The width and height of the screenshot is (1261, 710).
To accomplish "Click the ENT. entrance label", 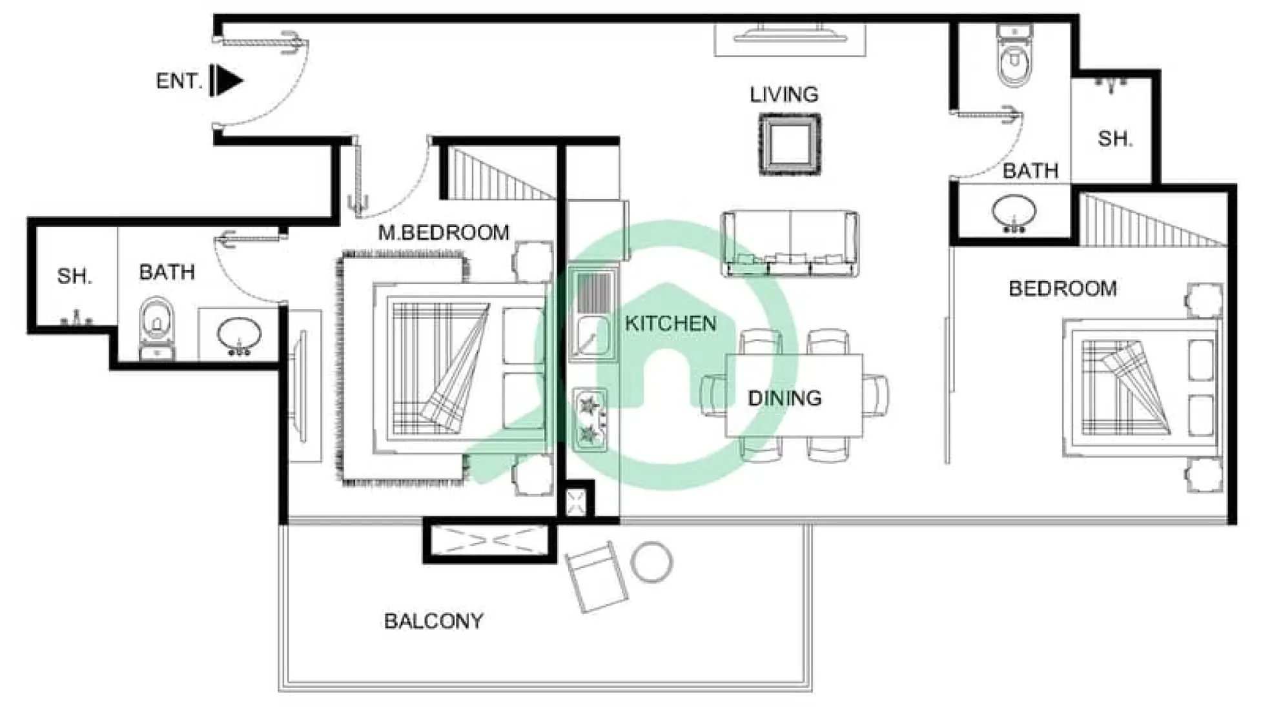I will tap(178, 81).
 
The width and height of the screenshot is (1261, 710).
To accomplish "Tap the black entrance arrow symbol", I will tap(227, 81).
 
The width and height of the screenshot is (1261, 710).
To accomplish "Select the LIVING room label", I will tap(784, 95).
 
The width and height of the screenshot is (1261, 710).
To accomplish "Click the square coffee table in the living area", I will tap(790, 144).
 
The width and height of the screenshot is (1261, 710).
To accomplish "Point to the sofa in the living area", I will tap(790, 244).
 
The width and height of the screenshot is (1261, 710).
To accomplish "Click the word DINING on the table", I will tap(784, 398).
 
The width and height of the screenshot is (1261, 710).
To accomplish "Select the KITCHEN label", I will tap(670, 323).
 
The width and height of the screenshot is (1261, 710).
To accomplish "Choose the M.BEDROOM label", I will tap(444, 232).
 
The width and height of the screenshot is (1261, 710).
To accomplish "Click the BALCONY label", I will tap(433, 621).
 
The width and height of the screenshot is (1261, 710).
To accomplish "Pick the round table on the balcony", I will tap(651, 562).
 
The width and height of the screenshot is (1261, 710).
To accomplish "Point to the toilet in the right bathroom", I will tap(1014, 57).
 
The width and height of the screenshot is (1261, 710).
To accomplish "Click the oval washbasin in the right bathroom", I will tap(1014, 212).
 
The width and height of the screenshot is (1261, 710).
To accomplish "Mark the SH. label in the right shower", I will tap(1115, 139).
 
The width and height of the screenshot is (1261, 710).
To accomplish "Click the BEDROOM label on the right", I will tap(1062, 289).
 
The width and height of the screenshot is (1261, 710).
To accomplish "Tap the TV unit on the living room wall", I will tap(790, 35).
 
